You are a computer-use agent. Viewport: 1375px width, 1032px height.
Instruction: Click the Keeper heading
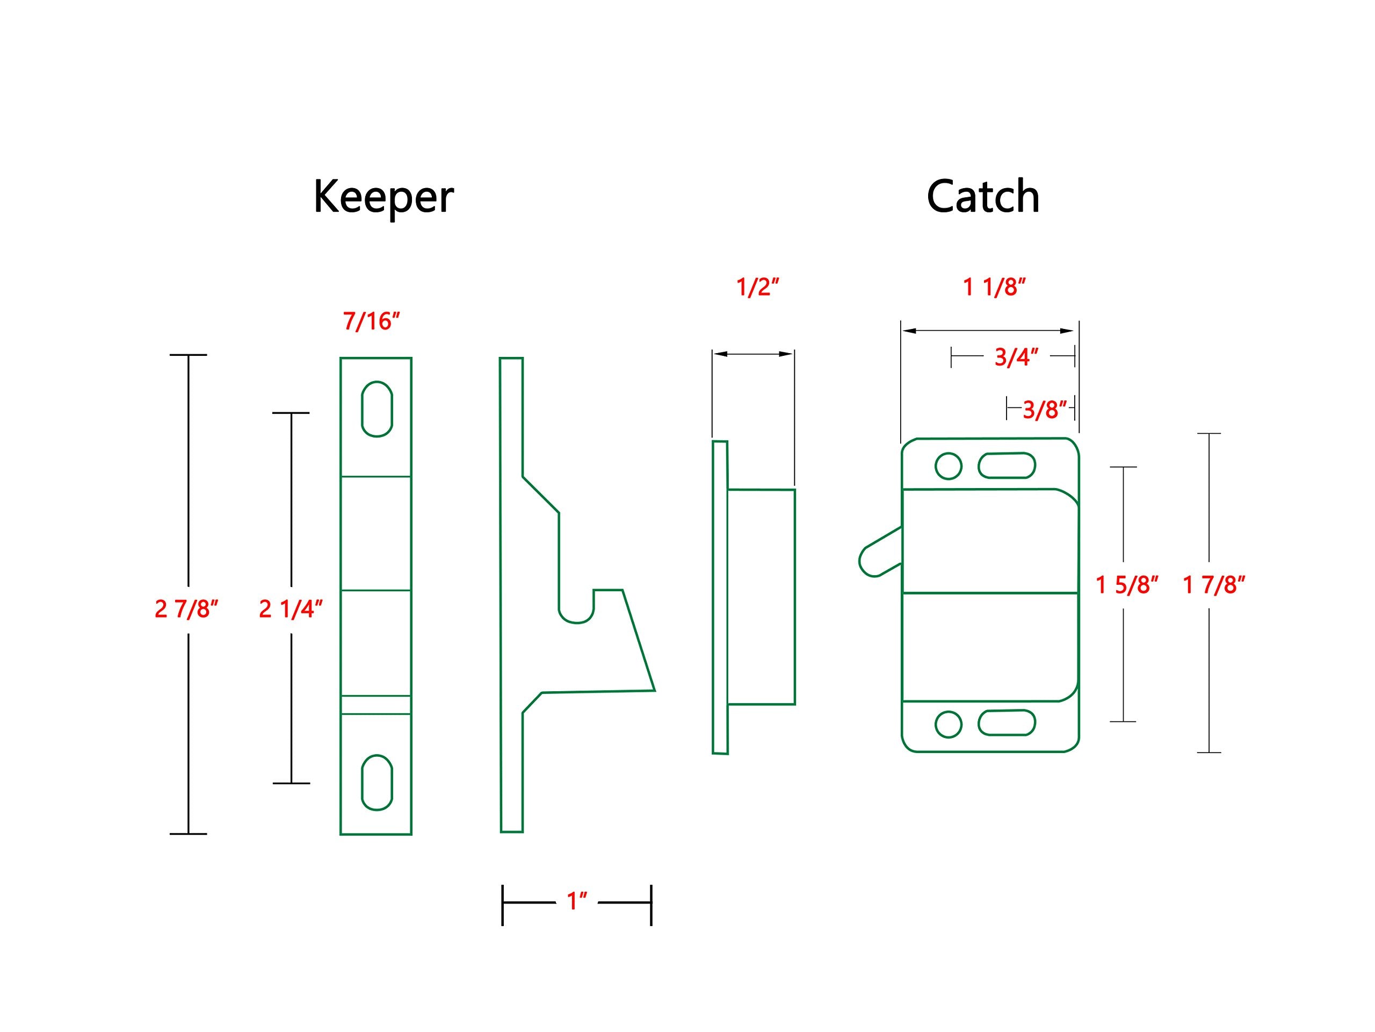pos(383,197)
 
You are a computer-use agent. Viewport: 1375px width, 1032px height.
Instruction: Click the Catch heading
pos(982,197)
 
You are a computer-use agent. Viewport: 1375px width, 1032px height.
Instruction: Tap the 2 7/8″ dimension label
pos(186,609)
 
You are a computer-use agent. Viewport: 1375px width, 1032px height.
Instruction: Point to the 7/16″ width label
pos(371,321)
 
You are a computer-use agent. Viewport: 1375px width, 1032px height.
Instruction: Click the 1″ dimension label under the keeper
pos(577,901)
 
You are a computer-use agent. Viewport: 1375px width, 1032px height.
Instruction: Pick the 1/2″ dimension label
pos(757,288)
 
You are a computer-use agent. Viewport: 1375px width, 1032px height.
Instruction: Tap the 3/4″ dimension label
pos(1016,357)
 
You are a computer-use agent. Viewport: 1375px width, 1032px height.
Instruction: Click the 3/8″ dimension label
pos(1044,410)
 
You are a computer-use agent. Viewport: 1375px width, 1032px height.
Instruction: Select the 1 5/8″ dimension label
pos(1126,585)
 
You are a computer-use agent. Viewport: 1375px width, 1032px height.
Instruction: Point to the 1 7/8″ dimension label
pos(1213,585)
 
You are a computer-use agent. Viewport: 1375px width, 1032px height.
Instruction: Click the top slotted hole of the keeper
pos(377,408)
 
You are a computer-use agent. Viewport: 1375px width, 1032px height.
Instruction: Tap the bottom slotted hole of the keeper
pos(377,783)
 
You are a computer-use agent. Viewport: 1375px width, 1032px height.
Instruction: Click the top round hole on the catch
pos(948,466)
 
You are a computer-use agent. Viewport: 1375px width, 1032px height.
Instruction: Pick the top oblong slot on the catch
pos(1007,465)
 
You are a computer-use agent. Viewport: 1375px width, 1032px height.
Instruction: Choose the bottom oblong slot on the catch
pos(1007,723)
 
